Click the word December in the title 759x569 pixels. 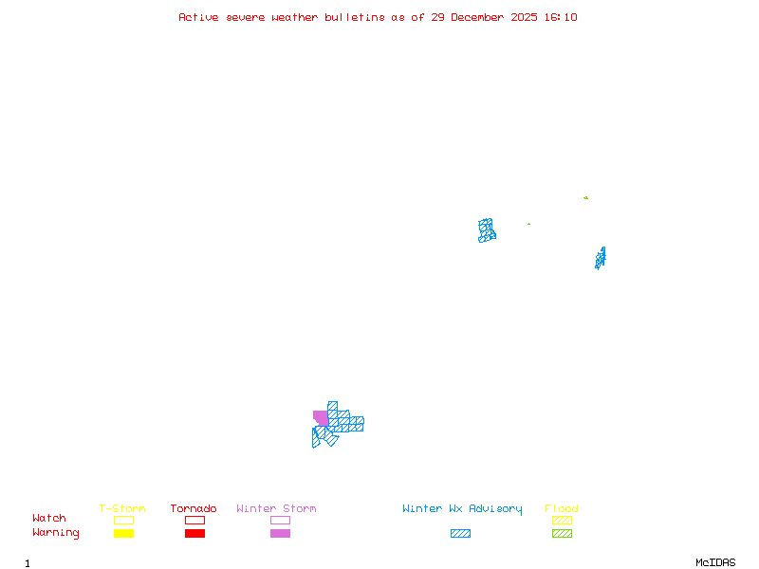click(477, 17)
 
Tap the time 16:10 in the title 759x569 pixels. click(561, 17)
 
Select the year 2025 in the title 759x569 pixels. click(524, 17)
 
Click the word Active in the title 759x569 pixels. click(198, 17)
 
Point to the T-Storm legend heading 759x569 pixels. click(122, 508)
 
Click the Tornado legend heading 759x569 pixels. click(194, 508)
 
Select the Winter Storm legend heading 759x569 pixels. click(276, 508)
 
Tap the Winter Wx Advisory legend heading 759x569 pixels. click(462, 509)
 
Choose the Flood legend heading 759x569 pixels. click(561, 508)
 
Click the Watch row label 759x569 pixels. click(49, 518)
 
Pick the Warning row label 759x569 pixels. click(56, 533)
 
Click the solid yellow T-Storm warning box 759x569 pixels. click(124, 533)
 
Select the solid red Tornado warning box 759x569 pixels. click(195, 533)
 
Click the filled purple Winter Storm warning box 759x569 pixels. click(280, 533)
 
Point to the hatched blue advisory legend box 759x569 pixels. click(460, 533)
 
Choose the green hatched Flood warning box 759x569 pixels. click(562, 533)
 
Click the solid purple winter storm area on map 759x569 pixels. click(321, 417)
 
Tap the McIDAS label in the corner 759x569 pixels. click(715, 562)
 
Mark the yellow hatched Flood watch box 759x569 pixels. click(562, 520)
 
